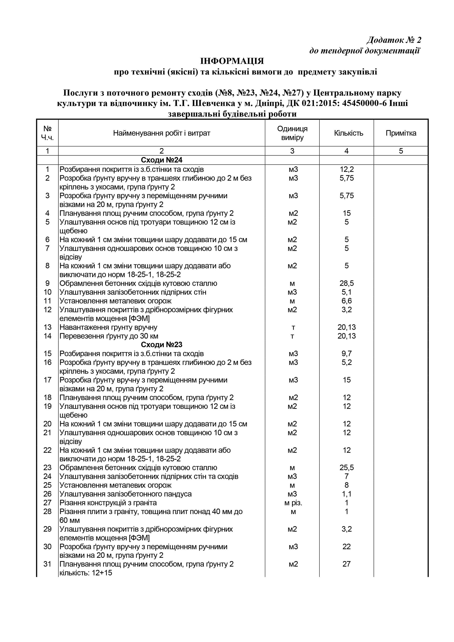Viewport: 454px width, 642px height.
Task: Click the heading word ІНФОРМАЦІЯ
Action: [232, 61]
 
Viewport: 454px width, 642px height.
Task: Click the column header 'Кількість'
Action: [348, 133]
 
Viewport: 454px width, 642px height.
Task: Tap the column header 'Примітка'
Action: [401, 133]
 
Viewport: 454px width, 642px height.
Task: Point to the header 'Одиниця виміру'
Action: [292, 133]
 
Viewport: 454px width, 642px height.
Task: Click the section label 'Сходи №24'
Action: [162, 160]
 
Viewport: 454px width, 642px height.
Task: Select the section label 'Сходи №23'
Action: [162, 345]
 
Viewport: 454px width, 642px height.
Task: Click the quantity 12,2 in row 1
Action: [347, 169]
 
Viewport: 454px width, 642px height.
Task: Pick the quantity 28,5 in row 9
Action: [347, 283]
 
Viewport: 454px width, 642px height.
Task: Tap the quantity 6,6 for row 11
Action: [347, 301]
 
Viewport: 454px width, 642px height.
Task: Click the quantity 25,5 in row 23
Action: [347, 467]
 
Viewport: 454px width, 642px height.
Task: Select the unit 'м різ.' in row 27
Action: [293, 503]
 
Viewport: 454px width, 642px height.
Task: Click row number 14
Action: [48, 336]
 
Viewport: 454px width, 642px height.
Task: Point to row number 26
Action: [48, 494]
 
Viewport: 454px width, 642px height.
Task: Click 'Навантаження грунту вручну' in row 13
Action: [109, 327]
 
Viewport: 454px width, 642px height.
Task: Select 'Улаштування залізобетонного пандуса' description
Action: [126, 494]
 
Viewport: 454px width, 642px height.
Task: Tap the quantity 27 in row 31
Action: [347, 564]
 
